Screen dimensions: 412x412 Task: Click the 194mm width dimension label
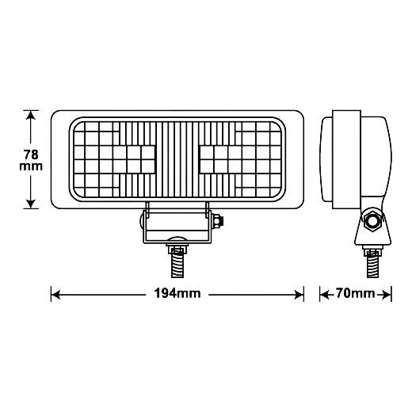[177, 293]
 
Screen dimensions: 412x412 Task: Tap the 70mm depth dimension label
[355, 293]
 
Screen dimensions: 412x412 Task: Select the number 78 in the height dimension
[31, 154]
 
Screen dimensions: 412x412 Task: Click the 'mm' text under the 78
[31, 166]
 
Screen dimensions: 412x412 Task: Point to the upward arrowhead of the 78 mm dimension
[31, 116]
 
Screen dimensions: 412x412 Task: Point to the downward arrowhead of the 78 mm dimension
[31, 204]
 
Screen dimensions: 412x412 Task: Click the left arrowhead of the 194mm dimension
[55, 295]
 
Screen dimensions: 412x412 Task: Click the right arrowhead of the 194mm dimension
[299, 295]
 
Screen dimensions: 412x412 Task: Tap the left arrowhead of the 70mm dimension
[324, 295]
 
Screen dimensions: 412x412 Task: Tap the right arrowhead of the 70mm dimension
[387, 295]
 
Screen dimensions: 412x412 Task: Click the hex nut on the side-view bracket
[372, 220]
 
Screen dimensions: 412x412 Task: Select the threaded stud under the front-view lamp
[177, 261]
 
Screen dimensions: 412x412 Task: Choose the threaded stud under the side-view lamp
[372, 264]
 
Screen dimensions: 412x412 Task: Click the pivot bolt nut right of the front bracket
[218, 220]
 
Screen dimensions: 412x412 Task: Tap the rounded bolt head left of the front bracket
[142, 220]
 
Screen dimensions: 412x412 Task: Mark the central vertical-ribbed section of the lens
[177, 159]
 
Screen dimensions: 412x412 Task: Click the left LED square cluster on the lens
[133, 159]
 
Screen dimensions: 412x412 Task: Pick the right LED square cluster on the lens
[220, 159]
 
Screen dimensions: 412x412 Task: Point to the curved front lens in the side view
[327, 159]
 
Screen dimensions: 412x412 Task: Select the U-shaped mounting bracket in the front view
[177, 223]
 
